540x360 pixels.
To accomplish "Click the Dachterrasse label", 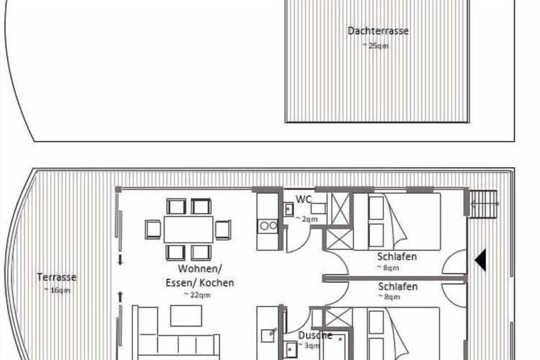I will coord(377,31).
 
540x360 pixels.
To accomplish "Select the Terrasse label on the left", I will coord(56,277).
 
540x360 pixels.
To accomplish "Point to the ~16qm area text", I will coord(56,290).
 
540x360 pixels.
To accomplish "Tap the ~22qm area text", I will coord(197,295).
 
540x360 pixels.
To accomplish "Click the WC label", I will coord(304,200).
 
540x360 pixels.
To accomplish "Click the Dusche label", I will coord(315,336).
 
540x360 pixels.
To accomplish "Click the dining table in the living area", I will coord(188,229).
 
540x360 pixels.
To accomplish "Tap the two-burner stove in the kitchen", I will coord(268,226).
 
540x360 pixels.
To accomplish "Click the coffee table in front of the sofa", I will coord(186,316).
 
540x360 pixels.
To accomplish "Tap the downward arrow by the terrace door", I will coord(120,260).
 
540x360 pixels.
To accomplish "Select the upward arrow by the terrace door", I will coord(120,295).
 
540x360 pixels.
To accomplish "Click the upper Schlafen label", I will coord(397,257).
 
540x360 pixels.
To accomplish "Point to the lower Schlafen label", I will coord(398,287).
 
